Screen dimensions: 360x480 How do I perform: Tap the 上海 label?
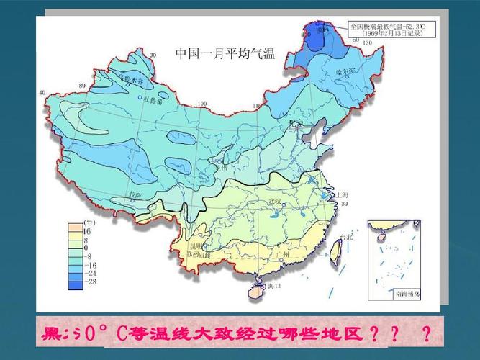pyautogui.click(x=340, y=195)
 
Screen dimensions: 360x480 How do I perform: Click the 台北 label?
pyautogui.click(x=346, y=237)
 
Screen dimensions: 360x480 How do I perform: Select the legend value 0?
pyautogui.click(x=86, y=247)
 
